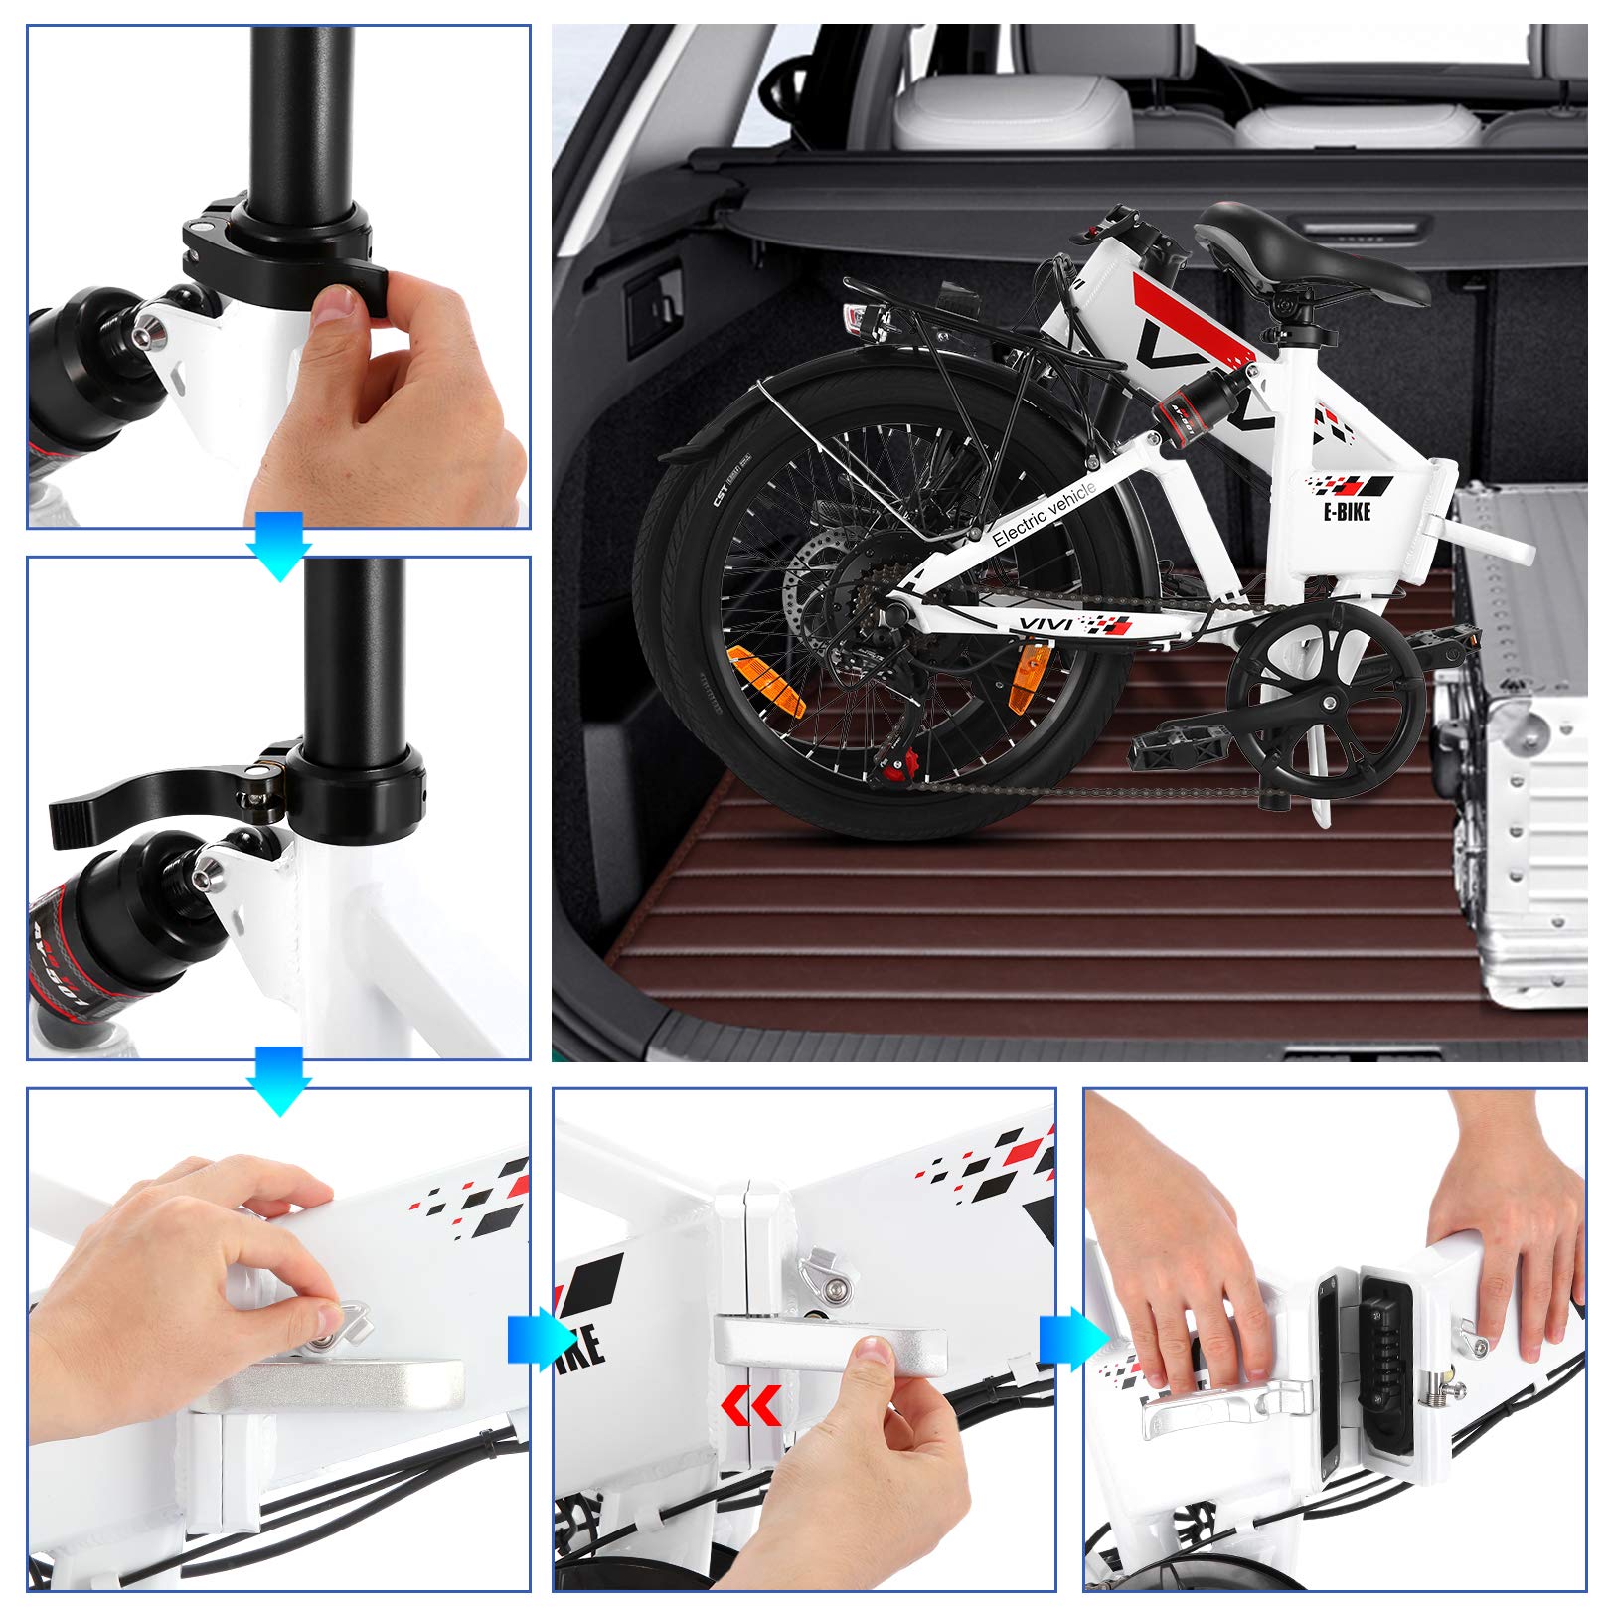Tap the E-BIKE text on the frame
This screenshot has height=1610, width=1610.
(x=1347, y=512)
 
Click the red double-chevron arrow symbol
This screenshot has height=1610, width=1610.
(x=750, y=1407)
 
